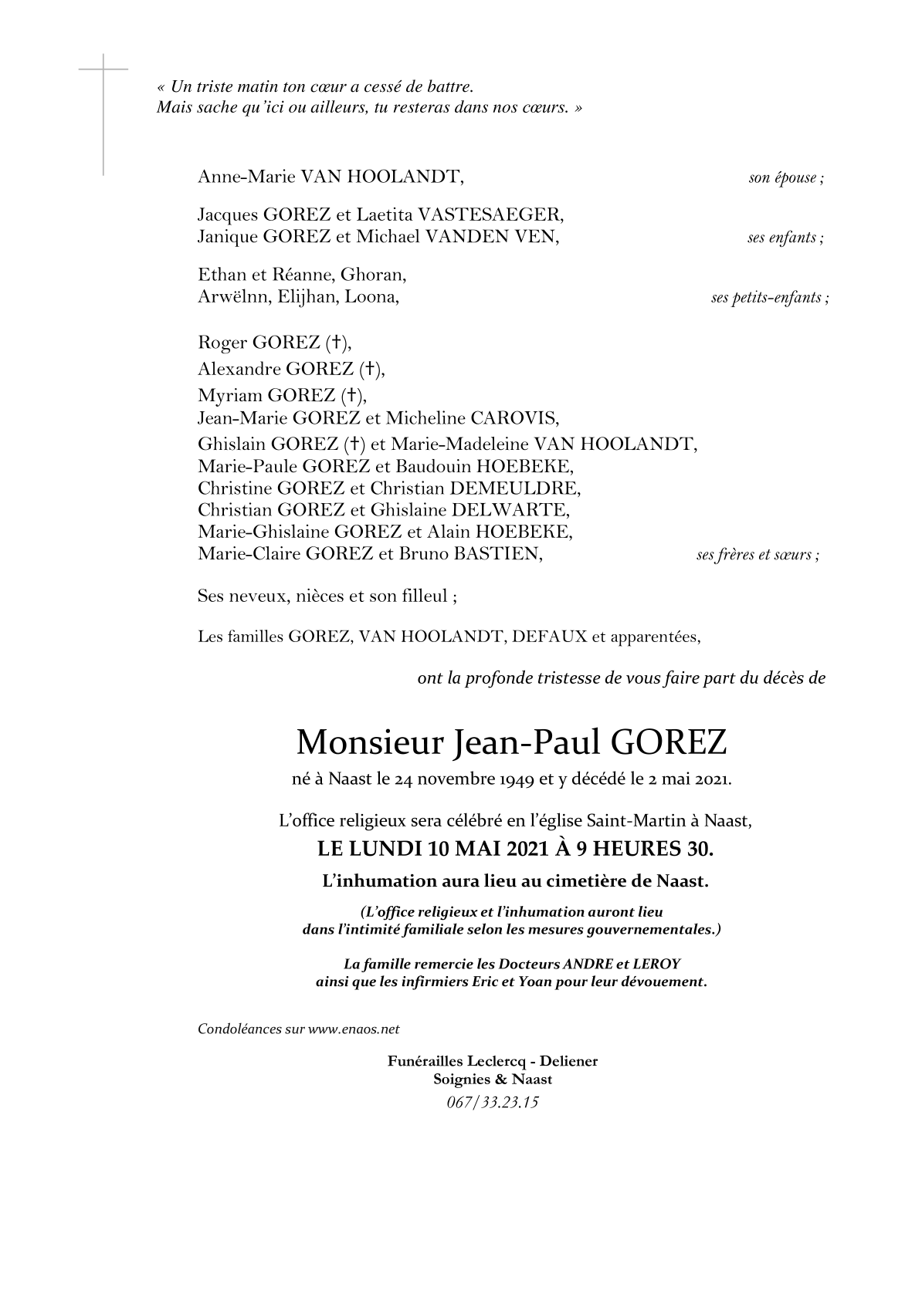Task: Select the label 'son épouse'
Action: (x=783, y=178)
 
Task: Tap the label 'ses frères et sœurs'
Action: (x=754, y=555)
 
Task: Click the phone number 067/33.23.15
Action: (x=492, y=1102)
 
